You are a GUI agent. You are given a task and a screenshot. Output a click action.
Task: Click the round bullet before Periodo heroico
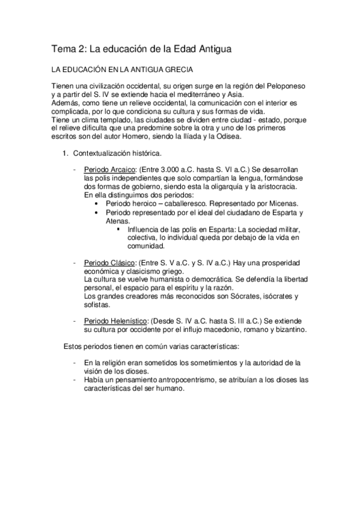click(x=97, y=204)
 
